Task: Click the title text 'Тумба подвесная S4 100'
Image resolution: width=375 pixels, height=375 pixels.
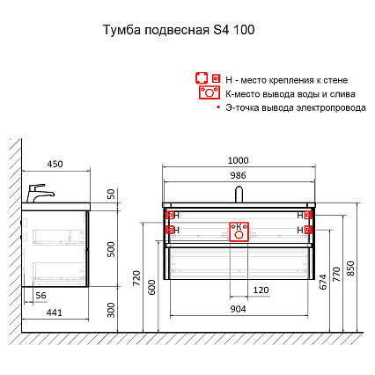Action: [x=180, y=29]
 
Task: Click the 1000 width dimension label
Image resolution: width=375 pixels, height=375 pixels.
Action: [x=238, y=161]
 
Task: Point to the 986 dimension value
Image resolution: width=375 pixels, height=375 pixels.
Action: [x=238, y=176]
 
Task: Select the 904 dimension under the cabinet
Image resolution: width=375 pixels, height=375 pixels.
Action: [x=238, y=309]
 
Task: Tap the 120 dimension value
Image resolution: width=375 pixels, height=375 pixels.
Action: [x=261, y=290]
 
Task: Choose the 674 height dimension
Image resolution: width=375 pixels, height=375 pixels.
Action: [x=321, y=282]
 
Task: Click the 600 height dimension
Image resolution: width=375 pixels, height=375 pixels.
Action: [x=152, y=286]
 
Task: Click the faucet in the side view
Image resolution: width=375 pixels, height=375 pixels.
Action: [x=39, y=192]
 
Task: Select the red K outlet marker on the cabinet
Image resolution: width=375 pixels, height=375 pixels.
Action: [x=238, y=230]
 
